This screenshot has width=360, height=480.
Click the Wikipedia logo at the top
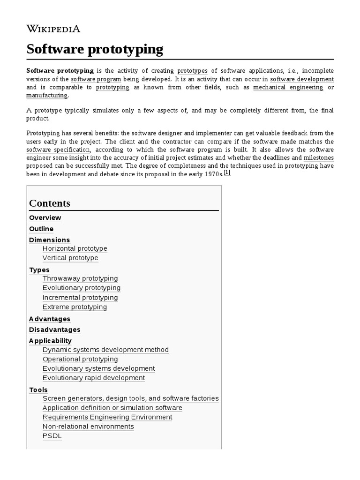[x=53, y=29]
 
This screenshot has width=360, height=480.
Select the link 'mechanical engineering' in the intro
[x=288, y=87]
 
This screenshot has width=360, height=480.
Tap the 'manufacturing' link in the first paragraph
[x=47, y=95]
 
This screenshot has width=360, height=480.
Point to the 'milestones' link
[x=318, y=157]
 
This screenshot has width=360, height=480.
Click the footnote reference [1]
[x=227, y=172]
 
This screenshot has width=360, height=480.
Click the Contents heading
[x=50, y=203]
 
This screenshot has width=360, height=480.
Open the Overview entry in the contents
[x=45, y=217]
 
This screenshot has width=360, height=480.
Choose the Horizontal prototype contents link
[x=75, y=248]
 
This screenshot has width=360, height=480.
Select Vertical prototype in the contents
[x=70, y=258]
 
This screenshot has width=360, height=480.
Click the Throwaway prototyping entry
[x=80, y=278]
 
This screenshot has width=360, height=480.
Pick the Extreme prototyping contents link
[x=75, y=307]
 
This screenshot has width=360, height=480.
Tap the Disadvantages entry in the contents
[x=54, y=330]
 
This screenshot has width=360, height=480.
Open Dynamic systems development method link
[x=105, y=350]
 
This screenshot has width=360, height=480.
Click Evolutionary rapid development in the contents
[x=94, y=378]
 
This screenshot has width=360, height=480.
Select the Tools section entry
[x=38, y=390]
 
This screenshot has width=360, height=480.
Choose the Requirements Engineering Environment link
[x=107, y=417]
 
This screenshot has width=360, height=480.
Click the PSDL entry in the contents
[x=52, y=436]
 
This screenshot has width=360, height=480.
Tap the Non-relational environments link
[x=88, y=427]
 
